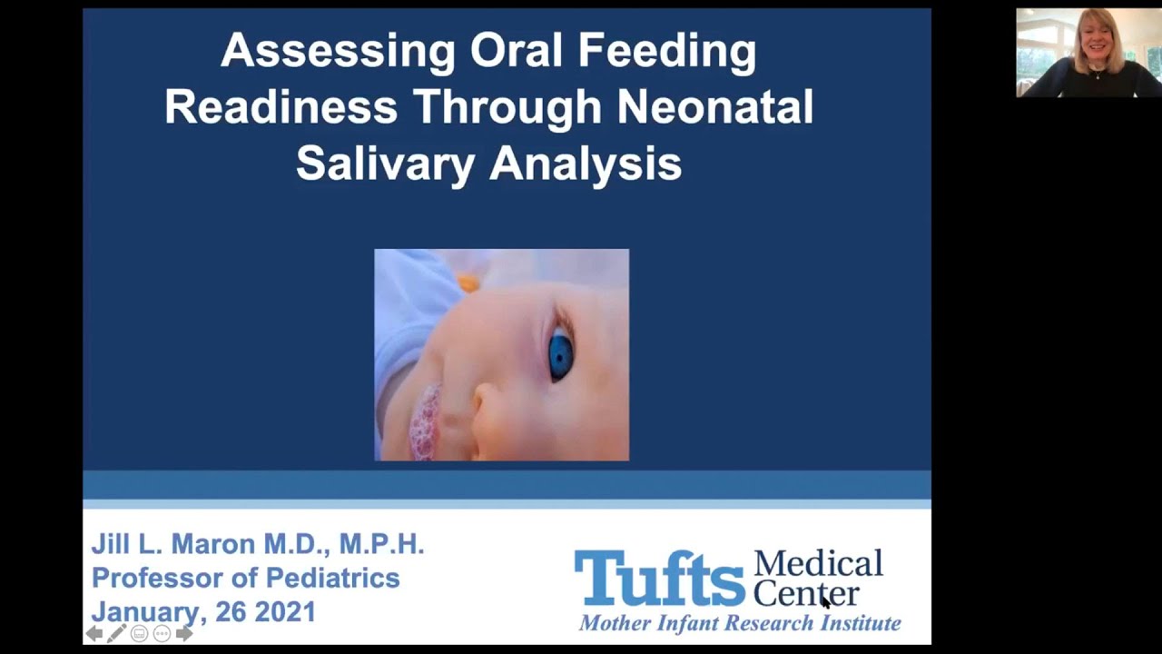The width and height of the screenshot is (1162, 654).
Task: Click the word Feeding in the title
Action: tap(671, 52)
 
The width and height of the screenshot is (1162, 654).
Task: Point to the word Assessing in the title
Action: tap(338, 51)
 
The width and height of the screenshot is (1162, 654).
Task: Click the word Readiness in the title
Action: tap(281, 107)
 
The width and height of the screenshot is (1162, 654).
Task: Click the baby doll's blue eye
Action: tap(560, 355)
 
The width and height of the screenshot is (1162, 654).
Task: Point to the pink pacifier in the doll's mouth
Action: tap(425, 422)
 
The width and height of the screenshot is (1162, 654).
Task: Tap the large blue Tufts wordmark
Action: tap(659, 578)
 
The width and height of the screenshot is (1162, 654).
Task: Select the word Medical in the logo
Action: tap(818, 563)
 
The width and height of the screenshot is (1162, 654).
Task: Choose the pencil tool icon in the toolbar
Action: tap(116, 633)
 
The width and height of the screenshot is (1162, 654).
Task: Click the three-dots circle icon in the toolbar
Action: tap(162, 633)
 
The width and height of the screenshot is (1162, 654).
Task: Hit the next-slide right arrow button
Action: tap(184, 633)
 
